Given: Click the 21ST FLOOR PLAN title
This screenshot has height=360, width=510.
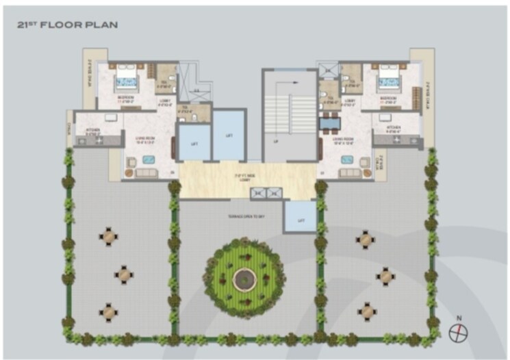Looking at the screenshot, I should [68, 25].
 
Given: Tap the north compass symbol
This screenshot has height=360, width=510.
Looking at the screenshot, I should [458, 332].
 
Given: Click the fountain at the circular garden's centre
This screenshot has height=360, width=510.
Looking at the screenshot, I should [244, 278].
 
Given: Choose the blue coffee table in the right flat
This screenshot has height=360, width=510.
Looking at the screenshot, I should [346, 161].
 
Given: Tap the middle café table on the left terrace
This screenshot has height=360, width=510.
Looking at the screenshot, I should [124, 275].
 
